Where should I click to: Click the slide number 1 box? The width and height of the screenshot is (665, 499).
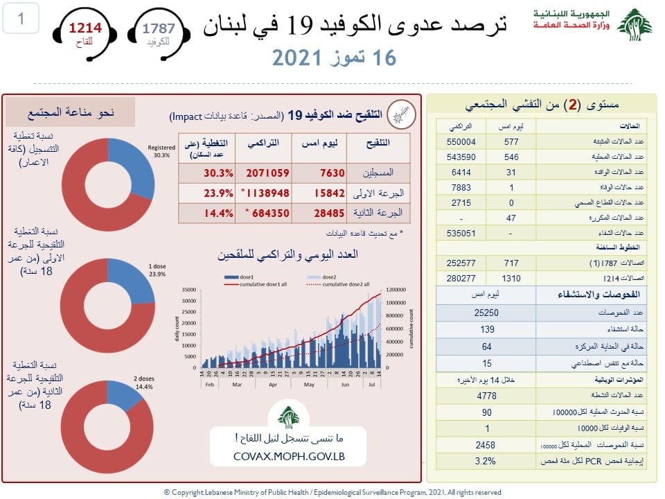point(21,19)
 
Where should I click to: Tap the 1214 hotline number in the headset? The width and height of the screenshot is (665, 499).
point(85,28)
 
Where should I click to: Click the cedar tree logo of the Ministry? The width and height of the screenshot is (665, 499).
point(634,26)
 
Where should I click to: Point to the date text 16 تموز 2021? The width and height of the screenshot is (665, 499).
point(333,58)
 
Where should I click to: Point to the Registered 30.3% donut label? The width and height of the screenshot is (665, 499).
point(163,150)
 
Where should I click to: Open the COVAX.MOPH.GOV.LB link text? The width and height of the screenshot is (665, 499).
point(290,457)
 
